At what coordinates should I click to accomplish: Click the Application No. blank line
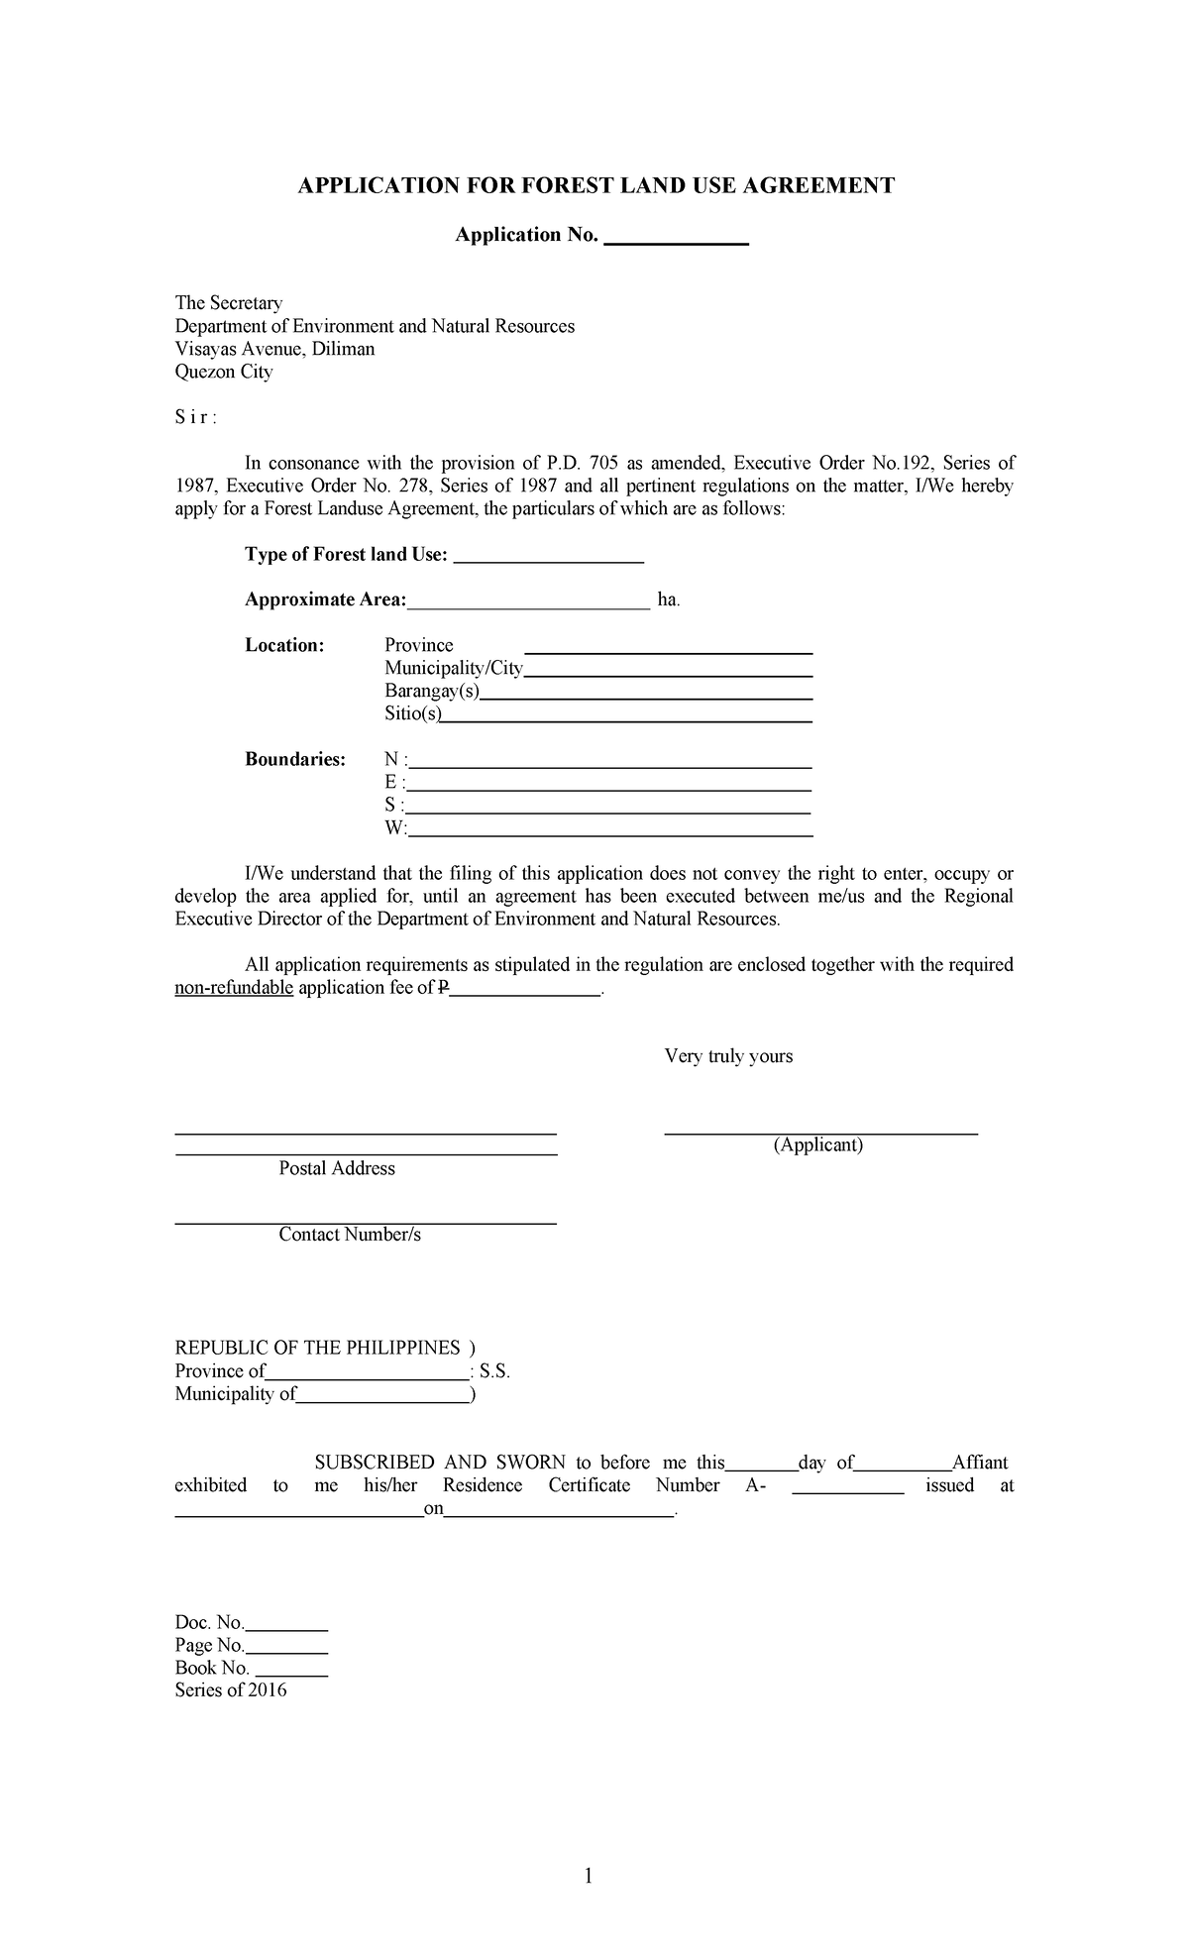click(675, 242)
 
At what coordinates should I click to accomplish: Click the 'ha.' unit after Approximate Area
click(669, 599)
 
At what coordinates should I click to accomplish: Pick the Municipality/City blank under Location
click(668, 674)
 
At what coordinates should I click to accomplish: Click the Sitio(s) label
click(413, 713)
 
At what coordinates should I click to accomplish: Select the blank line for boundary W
click(610, 835)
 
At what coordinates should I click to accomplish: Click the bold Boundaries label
click(295, 759)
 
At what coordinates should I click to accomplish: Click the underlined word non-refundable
click(234, 987)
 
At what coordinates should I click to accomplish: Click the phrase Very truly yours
click(728, 1055)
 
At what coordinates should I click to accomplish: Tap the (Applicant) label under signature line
click(818, 1144)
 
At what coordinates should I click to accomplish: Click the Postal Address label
click(337, 1168)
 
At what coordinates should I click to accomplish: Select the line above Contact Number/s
click(366, 1224)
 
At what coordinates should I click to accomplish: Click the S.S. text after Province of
click(493, 1371)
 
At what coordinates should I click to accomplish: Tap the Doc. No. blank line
click(286, 1629)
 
